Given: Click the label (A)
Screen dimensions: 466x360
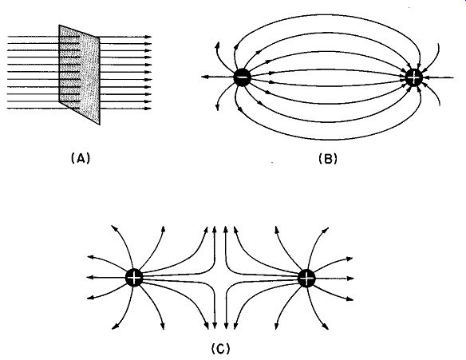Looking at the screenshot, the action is pyautogui.click(x=81, y=158).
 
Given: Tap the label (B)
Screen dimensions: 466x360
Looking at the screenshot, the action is pyautogui.click(x=328, y=158).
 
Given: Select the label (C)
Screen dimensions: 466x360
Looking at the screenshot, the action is pyautogui.click(x=220, y=348).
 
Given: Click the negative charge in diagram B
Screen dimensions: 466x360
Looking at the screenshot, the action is pyautogui.click(x=243, y=77).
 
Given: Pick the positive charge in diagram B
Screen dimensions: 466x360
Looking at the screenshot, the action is pyautogui.click(x=413, y=77).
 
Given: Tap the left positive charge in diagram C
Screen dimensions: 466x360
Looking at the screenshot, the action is pyautogui.click(x=134, y=278).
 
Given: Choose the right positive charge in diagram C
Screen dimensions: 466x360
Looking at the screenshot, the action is pyautogui.click(x=306, y=279).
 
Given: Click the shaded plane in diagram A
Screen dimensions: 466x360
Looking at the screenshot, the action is pyautogui.click(x=79, y=74).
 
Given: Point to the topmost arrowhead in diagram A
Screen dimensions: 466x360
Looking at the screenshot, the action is pyautogui.click(x=148, y=37).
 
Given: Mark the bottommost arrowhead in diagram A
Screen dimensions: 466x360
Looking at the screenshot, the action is pyautogui.click(x=148, y=109).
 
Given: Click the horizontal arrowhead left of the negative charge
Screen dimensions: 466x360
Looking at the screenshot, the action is pyautogui.click(x=205, y=77).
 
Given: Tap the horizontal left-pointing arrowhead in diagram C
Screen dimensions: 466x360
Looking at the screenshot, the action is pyautogui.click(x=90, y=278).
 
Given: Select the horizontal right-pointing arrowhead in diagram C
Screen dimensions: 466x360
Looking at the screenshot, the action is pyautogui.click(x=350, y=279).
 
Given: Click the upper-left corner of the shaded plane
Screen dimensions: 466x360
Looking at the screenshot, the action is pyautogui.click(x=59, y=25).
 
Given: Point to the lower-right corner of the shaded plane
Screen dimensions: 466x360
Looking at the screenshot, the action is pyautogui.click(x=100, y=125).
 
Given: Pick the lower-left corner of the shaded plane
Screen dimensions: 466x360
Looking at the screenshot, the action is pyautogui.click(x=59, y=102).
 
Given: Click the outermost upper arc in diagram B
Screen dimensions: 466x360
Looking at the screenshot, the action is pyautogui.click(x=327, y=14).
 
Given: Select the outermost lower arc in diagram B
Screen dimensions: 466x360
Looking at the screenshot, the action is pyautogui.click(x=327, y=139).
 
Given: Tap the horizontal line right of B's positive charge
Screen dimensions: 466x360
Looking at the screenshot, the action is pyautogui.click(x=438, y=78).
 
